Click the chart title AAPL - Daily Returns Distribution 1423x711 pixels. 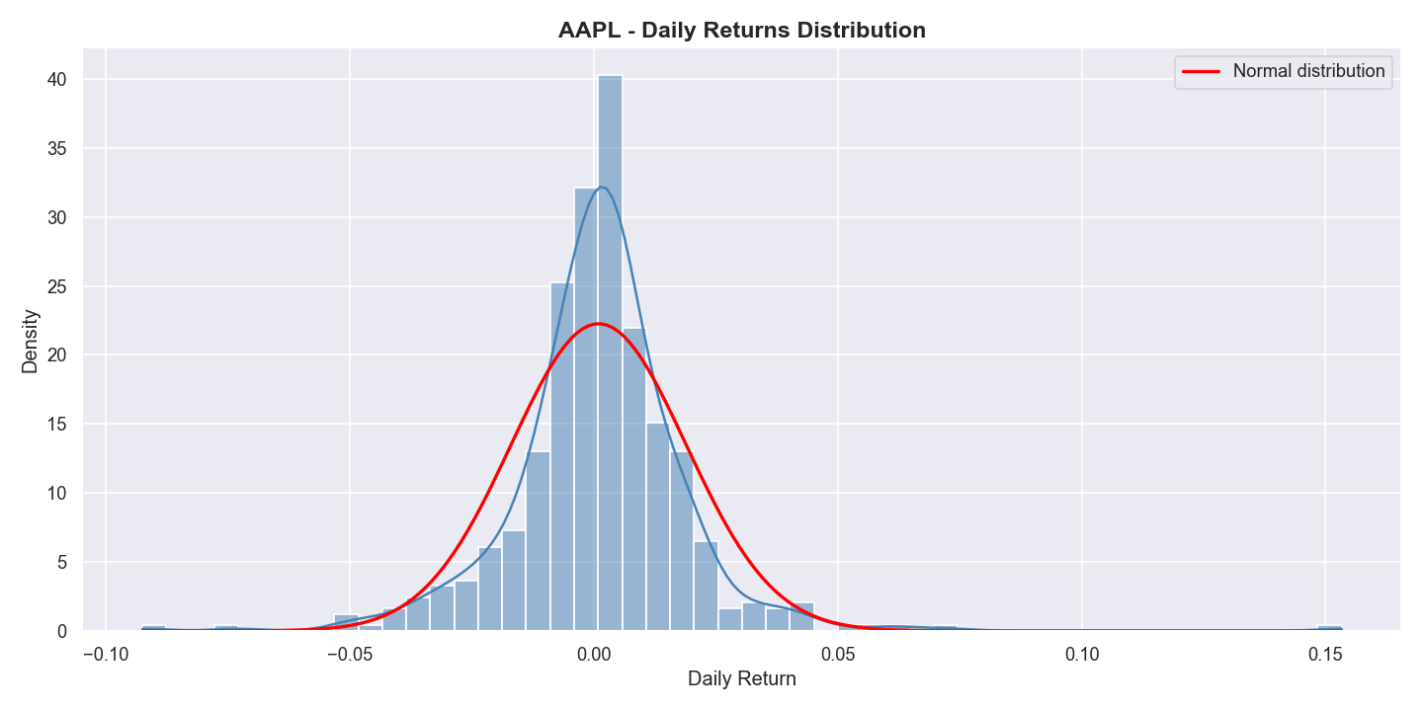click(x=741, y=31)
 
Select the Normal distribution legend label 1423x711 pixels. click(x=1308, y=71)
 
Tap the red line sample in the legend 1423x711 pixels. click(x=1202, y=71)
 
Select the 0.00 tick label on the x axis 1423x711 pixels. click(x=594, y=654)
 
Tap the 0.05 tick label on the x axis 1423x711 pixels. click(x=838, y=654)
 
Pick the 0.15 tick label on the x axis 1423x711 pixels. click(x=1325, y=654)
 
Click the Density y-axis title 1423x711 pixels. click(x=31, y=341)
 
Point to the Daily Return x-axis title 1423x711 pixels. click(x=741, y=679)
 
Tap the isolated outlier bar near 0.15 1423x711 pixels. click(x=1329, y=628)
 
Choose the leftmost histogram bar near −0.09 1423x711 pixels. click(x=153, y=628)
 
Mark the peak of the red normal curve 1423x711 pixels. click(x=598, y=324)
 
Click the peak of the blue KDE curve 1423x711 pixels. click(x=601, y=187)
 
